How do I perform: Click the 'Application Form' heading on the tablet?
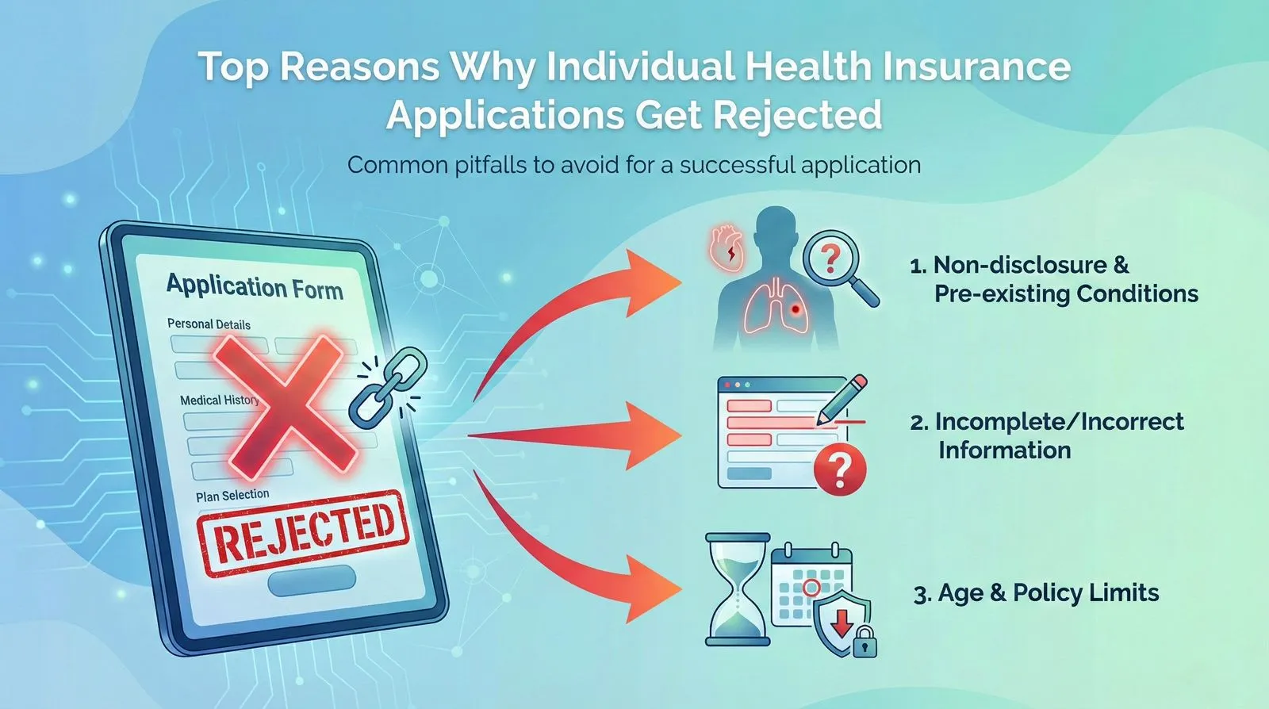click(x=255, y=286)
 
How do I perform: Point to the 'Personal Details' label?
click(x=209, y=324)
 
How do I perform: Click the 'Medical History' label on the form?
click(x=219, y=400)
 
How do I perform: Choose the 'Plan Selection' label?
click(x=232, y=496)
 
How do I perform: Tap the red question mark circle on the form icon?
click(x=839, y=469)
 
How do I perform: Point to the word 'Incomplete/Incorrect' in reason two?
click(x=1059, y=422)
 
